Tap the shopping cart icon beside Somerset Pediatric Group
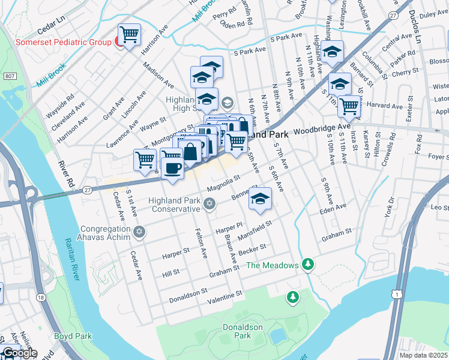coord(129,34)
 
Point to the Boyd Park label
coord(72,336)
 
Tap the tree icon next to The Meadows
coord(308,264)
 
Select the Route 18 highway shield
coord(40,298)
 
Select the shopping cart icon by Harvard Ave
coord(349,106)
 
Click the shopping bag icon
coord(190,151)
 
